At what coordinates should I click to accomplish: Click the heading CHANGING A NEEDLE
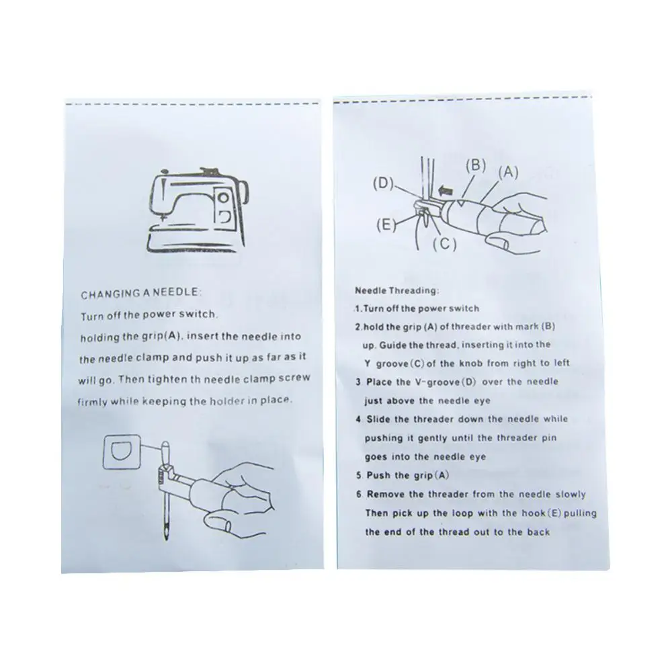[x=141, y=294]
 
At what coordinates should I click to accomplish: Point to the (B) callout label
[x=476, y=166]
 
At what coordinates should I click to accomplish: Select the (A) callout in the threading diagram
[x=508, y=172]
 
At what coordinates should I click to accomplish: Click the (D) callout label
[x=383, y=183]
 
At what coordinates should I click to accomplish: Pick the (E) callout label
[x=386, y=224]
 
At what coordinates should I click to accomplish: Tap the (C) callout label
[x=444, y=244]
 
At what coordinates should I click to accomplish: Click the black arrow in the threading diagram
[x=446, y=190]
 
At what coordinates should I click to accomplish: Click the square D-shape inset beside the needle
[x=122, y=452]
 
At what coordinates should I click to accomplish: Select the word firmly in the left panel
[x=93, y=403]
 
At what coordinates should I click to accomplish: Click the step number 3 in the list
[x=358, y=382]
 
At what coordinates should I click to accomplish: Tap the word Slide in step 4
[x=378, y=419]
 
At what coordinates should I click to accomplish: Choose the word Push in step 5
[x=378, y=475]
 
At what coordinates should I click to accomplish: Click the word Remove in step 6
[x=385, y=494]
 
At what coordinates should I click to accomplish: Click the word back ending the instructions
[x=539, y=532]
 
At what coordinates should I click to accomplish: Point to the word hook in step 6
[x=534, y=513]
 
